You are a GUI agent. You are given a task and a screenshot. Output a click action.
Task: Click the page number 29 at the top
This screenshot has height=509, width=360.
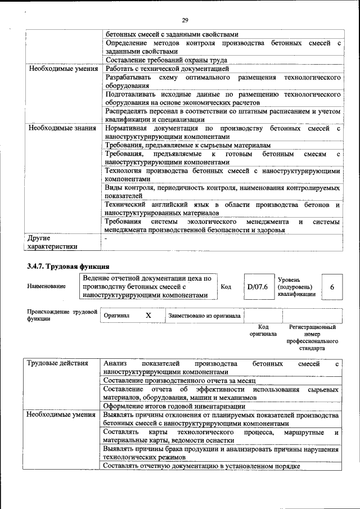[x=185, y=20]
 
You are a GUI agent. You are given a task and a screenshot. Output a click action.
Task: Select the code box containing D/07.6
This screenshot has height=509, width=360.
[x=257, y=287]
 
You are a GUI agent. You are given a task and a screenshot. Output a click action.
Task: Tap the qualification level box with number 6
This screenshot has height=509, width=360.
[x=332, y=287]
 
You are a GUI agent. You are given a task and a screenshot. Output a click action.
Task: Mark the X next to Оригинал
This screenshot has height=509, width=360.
[x=148, y=316]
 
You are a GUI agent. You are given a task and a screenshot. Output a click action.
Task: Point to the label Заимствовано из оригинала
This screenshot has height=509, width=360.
[x=205, y=316]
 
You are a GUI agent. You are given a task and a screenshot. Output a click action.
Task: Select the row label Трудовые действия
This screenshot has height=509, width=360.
[x=58, y=364]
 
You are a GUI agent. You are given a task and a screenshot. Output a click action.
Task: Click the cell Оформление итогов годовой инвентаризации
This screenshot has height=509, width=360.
[x=174, y=406]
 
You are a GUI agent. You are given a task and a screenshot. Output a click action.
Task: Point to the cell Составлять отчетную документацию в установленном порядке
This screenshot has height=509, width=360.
[x=202, y=466]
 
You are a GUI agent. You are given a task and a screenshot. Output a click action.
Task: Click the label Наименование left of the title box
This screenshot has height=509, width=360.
[x=46, y=286]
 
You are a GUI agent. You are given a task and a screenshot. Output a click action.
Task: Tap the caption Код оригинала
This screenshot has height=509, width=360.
[x=263, y=330]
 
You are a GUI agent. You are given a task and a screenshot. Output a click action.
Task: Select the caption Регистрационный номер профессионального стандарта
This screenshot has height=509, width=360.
[x=312, y=337]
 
